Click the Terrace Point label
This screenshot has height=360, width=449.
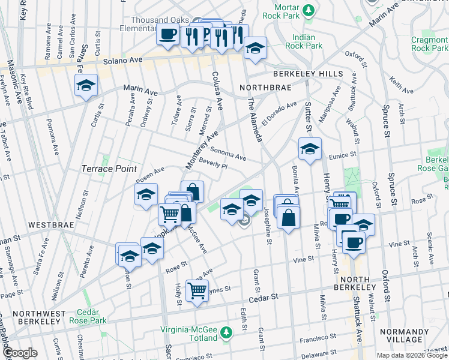point(110,169)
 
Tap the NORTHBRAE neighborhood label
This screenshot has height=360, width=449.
point(265,88)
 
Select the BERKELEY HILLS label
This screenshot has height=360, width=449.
point(308,74)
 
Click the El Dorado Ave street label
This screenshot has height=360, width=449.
point(279,113)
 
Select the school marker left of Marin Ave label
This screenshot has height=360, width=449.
point(86,85)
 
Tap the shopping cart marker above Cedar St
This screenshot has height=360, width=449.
point(197,291)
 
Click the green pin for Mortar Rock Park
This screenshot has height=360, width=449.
point(308,10)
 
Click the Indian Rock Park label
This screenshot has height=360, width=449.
point(304,41)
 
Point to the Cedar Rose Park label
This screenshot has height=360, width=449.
point(91,317)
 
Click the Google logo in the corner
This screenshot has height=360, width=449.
point(20,353)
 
